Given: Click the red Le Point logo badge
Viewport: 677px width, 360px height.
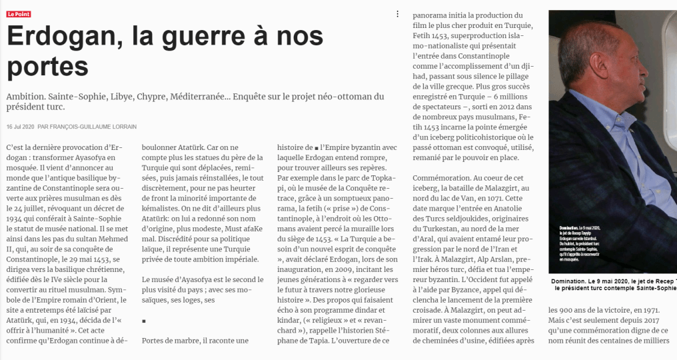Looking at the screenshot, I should coord(19,14).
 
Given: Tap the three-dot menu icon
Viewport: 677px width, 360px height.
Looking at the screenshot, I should coord(398,14).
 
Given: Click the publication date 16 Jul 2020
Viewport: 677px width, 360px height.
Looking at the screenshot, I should coord(19,127).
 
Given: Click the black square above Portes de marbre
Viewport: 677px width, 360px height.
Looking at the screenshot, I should coord(144,321).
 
